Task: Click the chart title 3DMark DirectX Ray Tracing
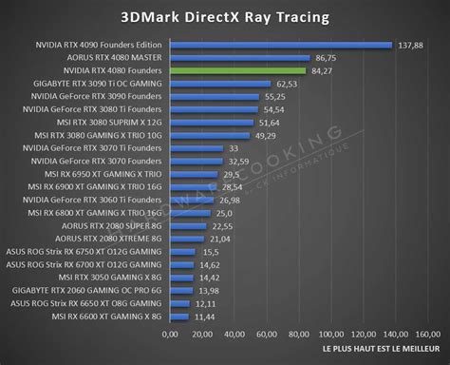225,16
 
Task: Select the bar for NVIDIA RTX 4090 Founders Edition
280,44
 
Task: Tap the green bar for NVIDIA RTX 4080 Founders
237,70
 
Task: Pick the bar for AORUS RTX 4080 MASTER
239,57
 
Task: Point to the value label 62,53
287,84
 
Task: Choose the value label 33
234,147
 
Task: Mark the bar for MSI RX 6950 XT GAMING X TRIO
194,174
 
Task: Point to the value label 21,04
220,239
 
